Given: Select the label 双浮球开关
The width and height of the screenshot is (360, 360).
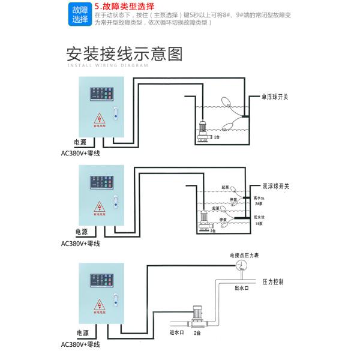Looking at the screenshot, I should [275, 187].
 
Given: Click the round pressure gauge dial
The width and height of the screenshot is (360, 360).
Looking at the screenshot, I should [241, 266].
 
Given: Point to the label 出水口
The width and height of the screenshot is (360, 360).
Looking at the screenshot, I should [241, 288].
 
